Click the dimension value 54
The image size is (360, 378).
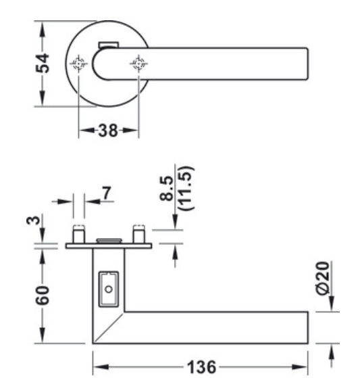pos(43,63)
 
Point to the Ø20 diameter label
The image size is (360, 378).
pos(324,279)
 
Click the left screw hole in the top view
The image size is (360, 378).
pos(79,64)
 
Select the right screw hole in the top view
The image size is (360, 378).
pos(139,64)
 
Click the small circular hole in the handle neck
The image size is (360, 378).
pos(108,289)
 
